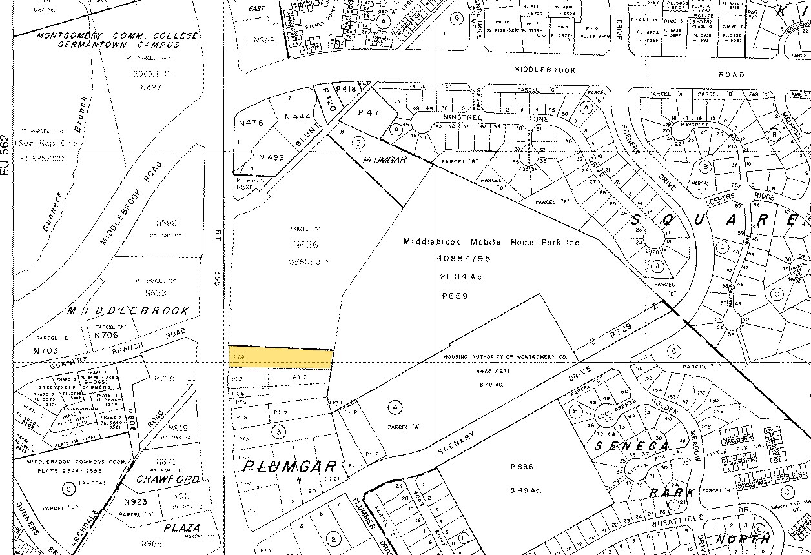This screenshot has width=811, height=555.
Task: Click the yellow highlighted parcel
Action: (282, 356)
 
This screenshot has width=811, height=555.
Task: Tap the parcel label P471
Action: (371, 112)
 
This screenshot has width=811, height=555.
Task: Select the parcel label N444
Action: (298, 117)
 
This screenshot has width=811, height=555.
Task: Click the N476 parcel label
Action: (251, 123)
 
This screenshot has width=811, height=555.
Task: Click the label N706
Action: (107, 335)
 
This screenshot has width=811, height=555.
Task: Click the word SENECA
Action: (624, 447)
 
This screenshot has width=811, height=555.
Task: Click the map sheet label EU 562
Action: (6, 157)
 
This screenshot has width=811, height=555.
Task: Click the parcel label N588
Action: (166, 223)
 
